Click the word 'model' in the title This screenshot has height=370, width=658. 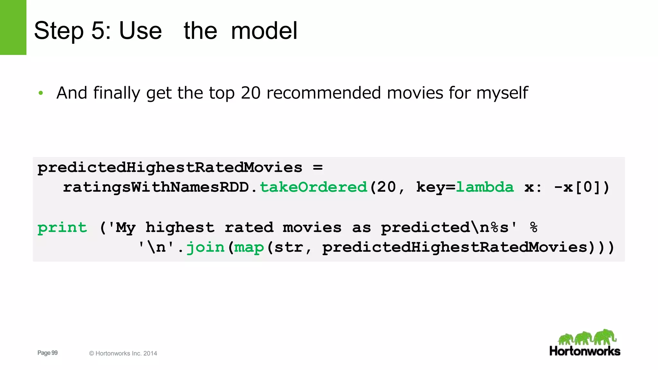tap(264, 31)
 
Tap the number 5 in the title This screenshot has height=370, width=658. tap(98, 31)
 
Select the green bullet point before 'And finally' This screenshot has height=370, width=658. tap(40, 93)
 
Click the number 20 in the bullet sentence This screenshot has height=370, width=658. tap(251, 93)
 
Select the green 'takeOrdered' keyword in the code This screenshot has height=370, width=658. tap(313, 187)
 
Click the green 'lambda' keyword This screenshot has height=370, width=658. tap(485, 187)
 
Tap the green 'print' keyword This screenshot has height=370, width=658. tap(62, 228)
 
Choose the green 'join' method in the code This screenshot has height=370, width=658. tap(205, 247)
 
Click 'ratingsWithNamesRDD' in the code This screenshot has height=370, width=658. tap(156, 187)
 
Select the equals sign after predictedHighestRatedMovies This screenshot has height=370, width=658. tap(317, 167)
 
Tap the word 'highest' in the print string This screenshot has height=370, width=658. tap(180, 228)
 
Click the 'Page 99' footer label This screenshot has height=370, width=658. tap(48, 353)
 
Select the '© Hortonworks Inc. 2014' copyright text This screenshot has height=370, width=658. tap(123, 353)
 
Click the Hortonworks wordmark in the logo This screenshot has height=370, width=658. tap(585, 351)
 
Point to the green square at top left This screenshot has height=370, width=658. tap(13, 27)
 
